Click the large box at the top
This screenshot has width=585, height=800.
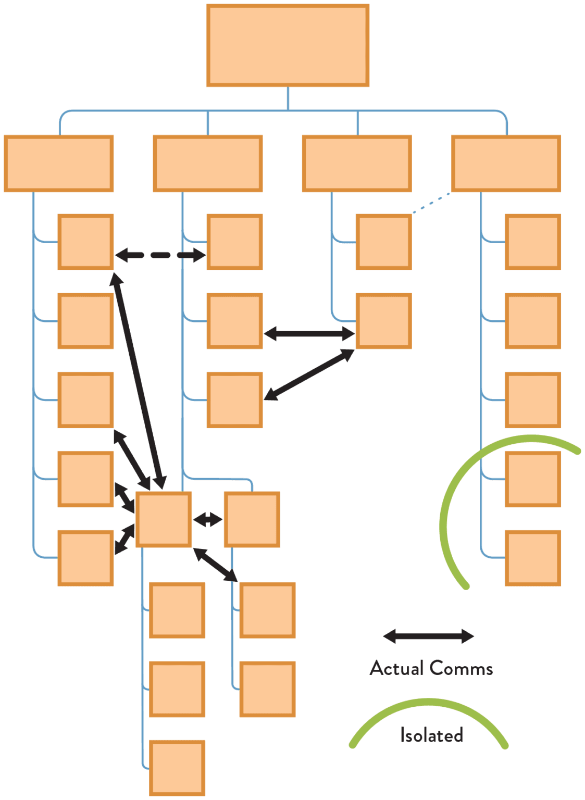(x=288, y=45)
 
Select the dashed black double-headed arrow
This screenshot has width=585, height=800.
(x=160, y=255)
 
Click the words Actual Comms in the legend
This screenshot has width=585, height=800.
(x=431, y=668)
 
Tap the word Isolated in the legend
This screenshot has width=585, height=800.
(x=431, y=735)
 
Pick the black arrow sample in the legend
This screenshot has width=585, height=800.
(x=428, y=636)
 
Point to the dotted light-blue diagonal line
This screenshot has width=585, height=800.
(x=431, y=203)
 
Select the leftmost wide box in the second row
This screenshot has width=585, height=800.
(x=59, y=164)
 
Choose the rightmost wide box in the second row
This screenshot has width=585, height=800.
(x=506, y=164)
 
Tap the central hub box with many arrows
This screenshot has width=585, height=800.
(x=164, y=519)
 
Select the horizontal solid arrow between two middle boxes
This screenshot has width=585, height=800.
(x=309, y=333)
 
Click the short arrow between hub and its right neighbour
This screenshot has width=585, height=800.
(x=208, y=519)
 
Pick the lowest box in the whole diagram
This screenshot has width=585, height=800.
(x=177, y=768)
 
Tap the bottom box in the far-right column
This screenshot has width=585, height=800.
(x=533, y=558)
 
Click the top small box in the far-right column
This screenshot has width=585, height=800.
(x=533, y=242)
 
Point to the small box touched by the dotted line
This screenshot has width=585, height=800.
(x=384, y=242)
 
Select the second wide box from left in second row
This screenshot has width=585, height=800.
(x=208, y=164)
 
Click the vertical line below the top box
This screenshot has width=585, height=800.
(x=288, y=98)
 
